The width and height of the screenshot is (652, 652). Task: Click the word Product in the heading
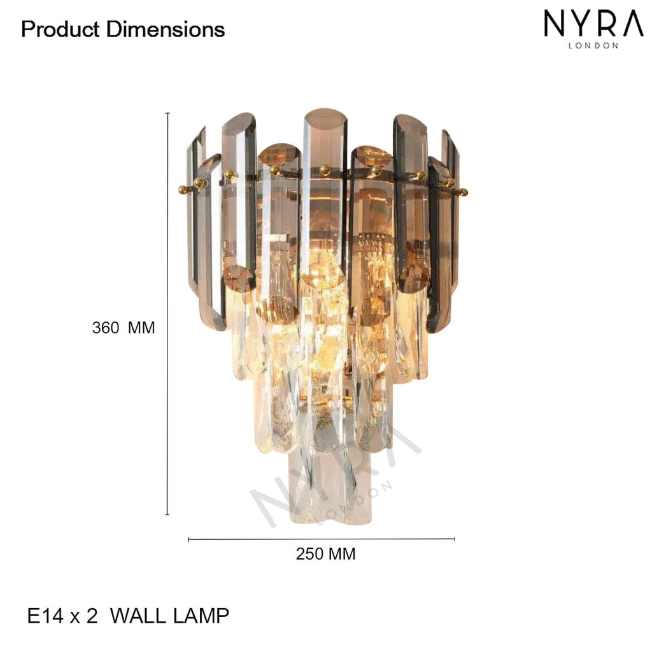click(x=60, y=29)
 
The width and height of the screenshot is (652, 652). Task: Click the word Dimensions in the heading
click(x=166, y=29)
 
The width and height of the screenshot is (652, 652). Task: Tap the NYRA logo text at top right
click(x=594, y=24)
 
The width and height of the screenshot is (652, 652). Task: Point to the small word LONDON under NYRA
click(x=593, y=45)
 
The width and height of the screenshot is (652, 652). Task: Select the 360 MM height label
click(x=124, y=328)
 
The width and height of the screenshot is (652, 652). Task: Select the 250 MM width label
click(x=325, y=554)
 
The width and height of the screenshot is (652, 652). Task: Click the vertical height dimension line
click(x=167, y=313)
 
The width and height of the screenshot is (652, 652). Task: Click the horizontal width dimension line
click(x=321, y=539)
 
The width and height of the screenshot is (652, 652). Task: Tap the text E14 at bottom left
click(x=45, y=616)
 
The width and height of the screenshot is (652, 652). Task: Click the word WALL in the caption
click(x=138, y=616)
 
